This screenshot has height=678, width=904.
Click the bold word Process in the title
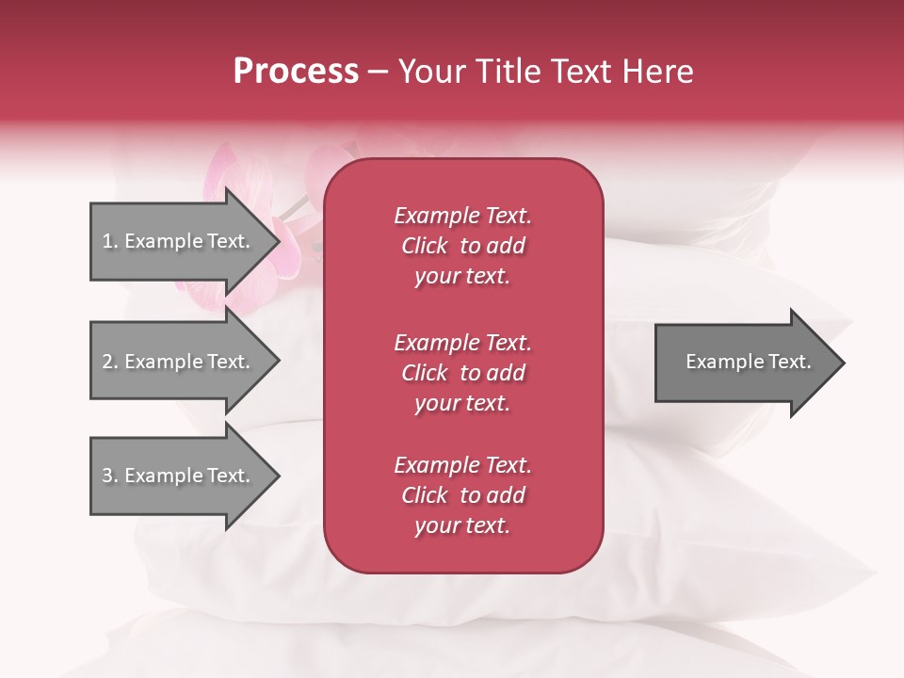(x=296, y=72)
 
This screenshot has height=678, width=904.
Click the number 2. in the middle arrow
(x=109, y=362)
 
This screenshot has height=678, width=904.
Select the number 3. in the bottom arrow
(x=109, y=476)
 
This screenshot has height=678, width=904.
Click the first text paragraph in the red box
(x=462, y=246)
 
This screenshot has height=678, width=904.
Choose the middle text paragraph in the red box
(x=462, y=373)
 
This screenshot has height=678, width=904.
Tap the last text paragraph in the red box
(x=462, y=495)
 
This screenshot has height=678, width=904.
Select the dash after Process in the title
(x=379, y=72)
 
